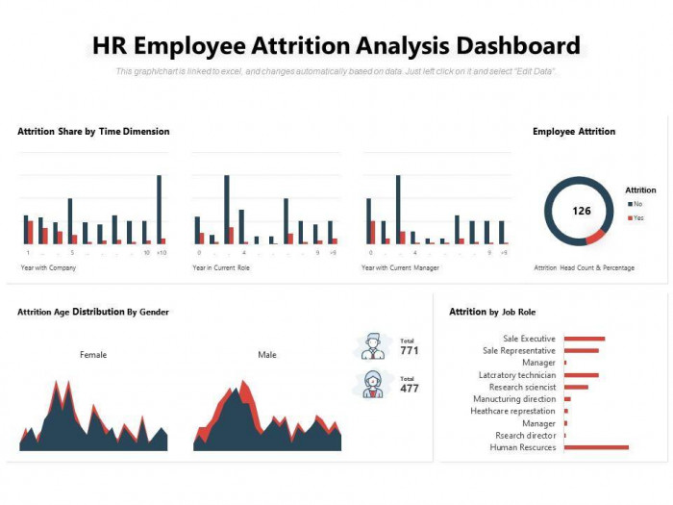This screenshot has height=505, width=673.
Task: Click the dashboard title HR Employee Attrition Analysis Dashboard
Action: pyautogui.click(x=336, y=45)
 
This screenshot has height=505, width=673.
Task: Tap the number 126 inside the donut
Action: pyautogui.click(x=582, y=211)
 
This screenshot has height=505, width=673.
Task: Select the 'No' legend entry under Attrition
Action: pyautogui.click(x=637, y=204)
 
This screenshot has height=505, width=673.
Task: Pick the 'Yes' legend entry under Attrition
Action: pyautogui.click(x=637, y=218)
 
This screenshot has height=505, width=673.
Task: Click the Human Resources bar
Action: pyautogui.click(x=596, y=447)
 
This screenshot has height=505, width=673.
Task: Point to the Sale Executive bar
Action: pyautogui.click(x=585, y=339)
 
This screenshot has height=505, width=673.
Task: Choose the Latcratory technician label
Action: pyautogui.click(x=517, y=375)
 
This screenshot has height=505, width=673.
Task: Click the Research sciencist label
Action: pyautogui.click(x=523, y=387)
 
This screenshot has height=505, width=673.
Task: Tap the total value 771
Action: pyautogui.click(x=410, y=351)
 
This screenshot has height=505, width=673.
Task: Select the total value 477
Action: pyautogui.click(x=410, y=389)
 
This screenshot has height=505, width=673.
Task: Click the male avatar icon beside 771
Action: pyautogui.click(x=372, y=345)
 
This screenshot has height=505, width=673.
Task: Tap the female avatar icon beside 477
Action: pyautogui.click(x=372, y=384)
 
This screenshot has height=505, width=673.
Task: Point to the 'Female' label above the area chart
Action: pyautogui.click(x=93, y=355)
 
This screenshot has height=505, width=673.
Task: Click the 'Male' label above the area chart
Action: pyautogui.click(x=267, y=355)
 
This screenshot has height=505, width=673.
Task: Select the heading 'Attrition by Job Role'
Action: pyautogui.click(x=492, y=312)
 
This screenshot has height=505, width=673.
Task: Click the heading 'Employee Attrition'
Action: pyautogui.click(x=574, y=132)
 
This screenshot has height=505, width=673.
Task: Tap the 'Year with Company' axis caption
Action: pyautogui.click(x=48, y=267)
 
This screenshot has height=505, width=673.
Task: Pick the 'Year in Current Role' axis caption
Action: pyautogui.click(x=221, y=267)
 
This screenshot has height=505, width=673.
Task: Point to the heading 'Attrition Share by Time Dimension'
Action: pyautogui.click(x=93, y=132)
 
